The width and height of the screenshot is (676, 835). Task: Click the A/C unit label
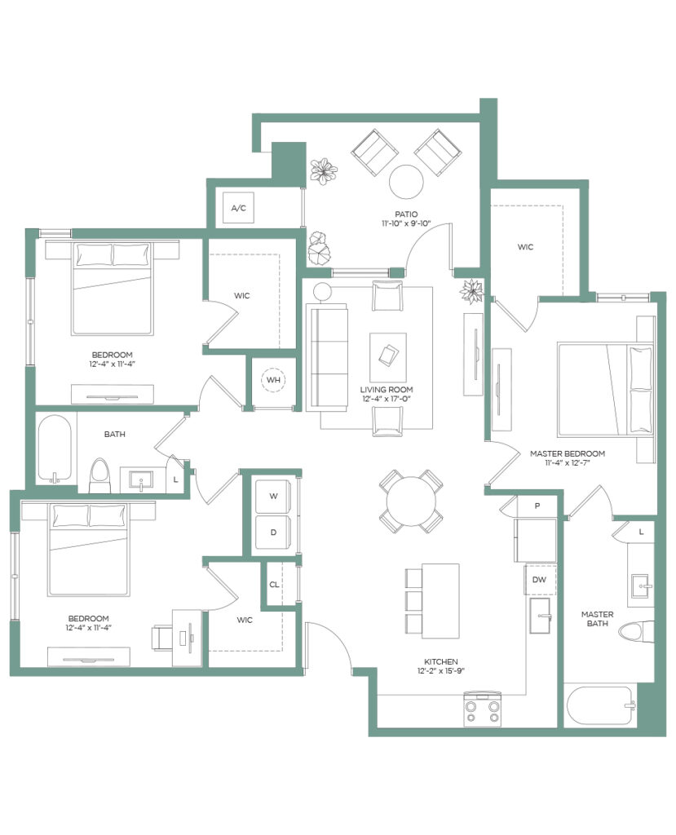[239, 208]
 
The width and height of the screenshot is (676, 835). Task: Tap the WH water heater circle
[273, 380]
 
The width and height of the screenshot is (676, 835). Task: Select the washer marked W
[273, 496]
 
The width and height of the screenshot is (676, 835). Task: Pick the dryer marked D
[273, 532]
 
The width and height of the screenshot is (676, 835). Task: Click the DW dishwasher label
[539, 580]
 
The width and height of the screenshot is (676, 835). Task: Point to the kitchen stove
[483, 709]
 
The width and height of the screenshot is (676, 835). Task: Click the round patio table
[406, 182]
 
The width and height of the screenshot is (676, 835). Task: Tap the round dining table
[411, 501]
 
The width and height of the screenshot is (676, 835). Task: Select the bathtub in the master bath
[601, 705]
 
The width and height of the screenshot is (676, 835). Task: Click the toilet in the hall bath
[99, 475]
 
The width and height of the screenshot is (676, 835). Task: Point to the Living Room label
[387, 389]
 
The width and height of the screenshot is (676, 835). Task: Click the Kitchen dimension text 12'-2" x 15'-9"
[441, 671]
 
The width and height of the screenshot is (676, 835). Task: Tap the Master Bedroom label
[568, 453]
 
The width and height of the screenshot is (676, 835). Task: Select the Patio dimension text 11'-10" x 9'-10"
[406, 223]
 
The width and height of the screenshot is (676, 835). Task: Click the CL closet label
[274, 585]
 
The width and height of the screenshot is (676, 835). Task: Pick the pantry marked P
[537, 506]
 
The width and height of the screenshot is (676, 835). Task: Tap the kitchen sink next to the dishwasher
[540, 616]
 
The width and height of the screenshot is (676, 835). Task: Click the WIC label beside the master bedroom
[525, 247]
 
